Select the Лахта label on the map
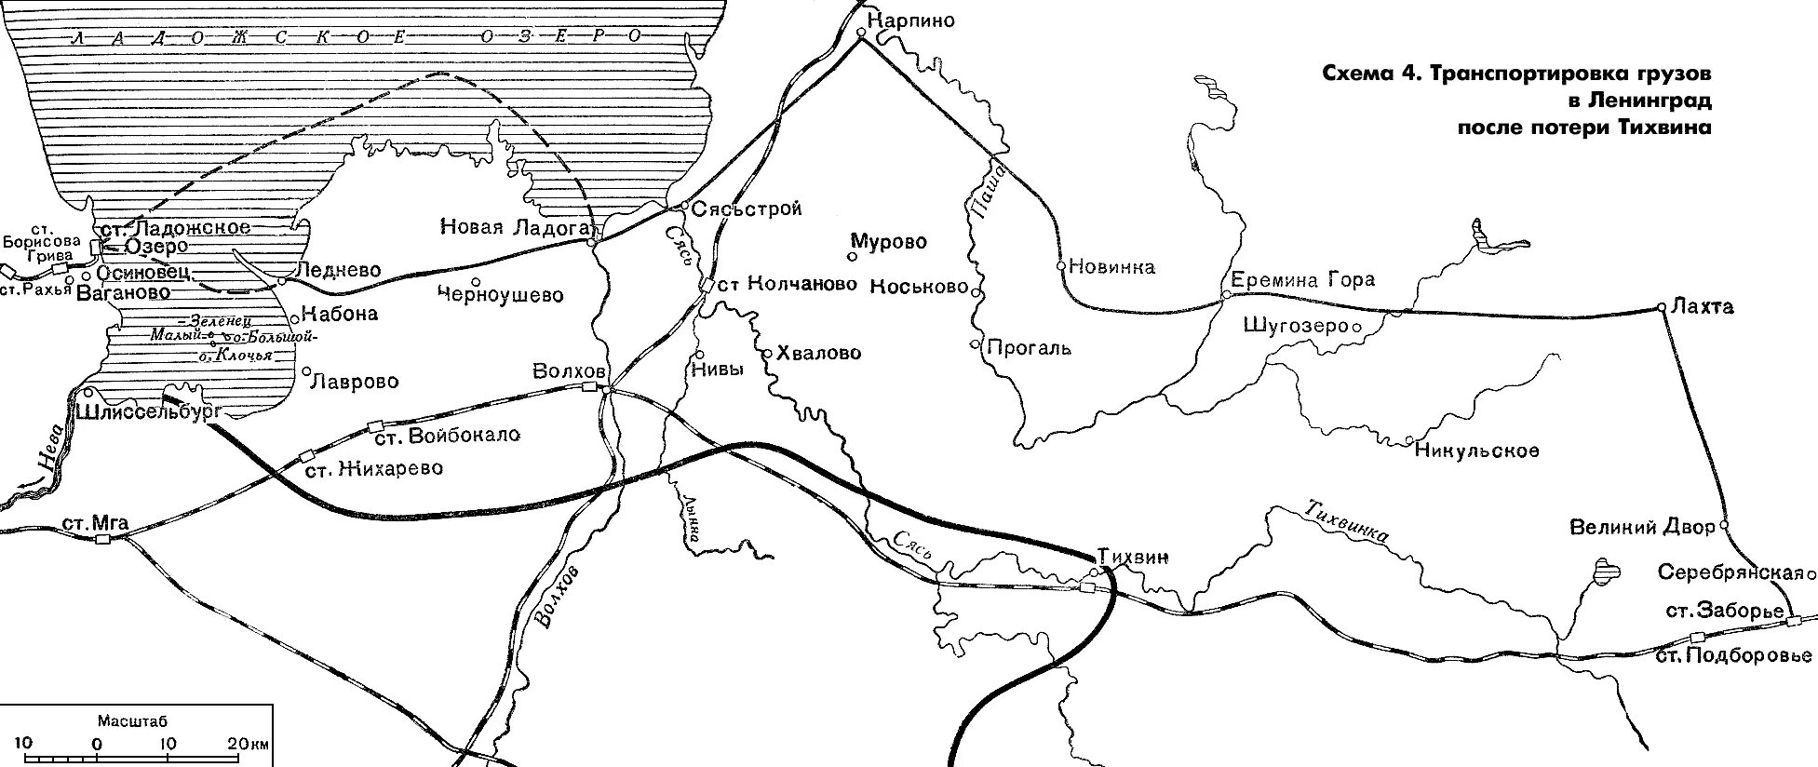[x=1703, y=307]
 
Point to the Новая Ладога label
[x=515, y=227]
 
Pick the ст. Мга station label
[x=96, y=523]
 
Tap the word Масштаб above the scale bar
[x=132, y=721]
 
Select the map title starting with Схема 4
[x=1516, y=100]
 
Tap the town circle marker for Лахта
[x=1661, y=306]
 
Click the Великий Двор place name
[x=1642, y=528]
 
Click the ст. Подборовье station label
[x=1735, y=655]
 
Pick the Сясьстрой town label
[x=747, y=209]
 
